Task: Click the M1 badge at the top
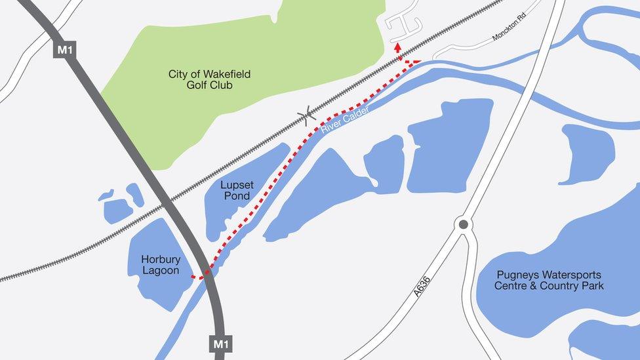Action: point(64,49)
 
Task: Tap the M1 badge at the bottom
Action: point(220,344)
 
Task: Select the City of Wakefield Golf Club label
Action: point(209,79)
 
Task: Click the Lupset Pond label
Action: point(237,190)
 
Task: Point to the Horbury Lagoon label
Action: point(161,265)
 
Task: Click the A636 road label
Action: point(422,286)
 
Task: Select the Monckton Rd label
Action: point(509,26)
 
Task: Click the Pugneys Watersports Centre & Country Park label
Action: point(549,280)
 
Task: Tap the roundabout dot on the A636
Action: point(464,224)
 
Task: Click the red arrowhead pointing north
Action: point(397,47)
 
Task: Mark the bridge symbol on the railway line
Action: point(306,116)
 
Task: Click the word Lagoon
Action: point(161,271)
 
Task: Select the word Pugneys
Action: point(518,275)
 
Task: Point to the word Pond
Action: point(237,196)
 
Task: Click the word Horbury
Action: point(161,260)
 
